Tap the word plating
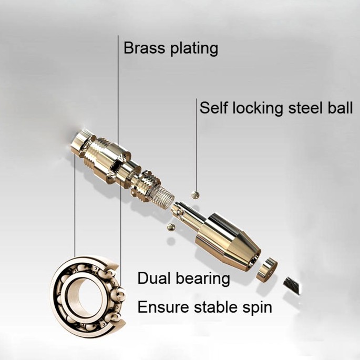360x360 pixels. pyautogui.click(x=194, y=49)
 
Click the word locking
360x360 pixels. pyautogui.click(x=258, y=108)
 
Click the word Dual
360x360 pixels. pyautogui.click(x=155, y=278)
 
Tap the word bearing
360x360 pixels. pyautogui.click(x=203, y=279)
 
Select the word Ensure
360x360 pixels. pyautogui.click(x=163, y=307)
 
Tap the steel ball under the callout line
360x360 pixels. pyautogui.click(x=196, y=195)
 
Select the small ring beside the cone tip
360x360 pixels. pyautogui.click(x=267, y=270)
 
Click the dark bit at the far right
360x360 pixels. pyautogui.click(x=292, y=285)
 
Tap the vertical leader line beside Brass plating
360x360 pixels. pyautogui.click(x=118, y=92)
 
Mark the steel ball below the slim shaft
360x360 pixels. pyautogui.click(x=171, y=227)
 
